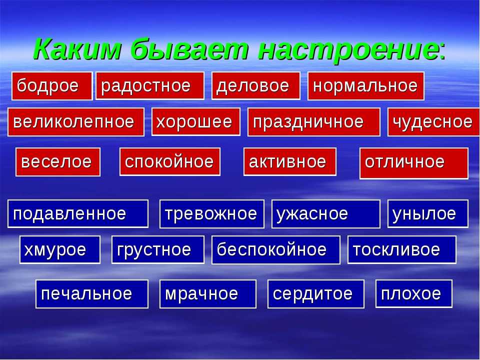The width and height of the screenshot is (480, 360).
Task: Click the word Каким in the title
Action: click(x=78, y=49)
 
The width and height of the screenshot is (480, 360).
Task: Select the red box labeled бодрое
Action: click(x=52, y=86)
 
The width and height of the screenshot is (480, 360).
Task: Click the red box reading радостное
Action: click(x=150, y=85)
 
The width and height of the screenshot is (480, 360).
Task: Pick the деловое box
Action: click(x=256, y=85)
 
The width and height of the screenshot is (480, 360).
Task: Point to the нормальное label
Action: click(x=366, y=86)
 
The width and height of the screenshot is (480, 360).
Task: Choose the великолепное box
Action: click(x=76, y=122)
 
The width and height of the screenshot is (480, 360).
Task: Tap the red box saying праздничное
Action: click(x=314, y=122)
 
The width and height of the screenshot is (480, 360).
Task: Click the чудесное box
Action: click(x=433, y=122)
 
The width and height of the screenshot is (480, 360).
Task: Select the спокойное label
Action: click(x=170, y=161)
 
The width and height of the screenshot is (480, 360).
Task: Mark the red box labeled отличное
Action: click(x=414, y=163)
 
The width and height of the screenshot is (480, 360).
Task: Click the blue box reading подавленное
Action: click(x=78, y=213)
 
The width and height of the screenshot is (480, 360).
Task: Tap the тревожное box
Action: click(x=212, y=214)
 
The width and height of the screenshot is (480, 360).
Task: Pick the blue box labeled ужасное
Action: click(x=326, y=214)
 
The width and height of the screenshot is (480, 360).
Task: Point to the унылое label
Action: click(x=428, y=213)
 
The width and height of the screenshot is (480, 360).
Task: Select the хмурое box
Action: click(x=60, y=249)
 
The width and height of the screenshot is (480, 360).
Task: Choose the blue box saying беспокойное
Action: click(x=276, y=250)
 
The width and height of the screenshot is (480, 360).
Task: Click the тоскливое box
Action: click(x=402, y=249)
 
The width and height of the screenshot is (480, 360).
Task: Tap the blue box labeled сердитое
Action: click(x=316, y=294)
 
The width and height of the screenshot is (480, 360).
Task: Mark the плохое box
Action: click(x=414, y=293)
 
